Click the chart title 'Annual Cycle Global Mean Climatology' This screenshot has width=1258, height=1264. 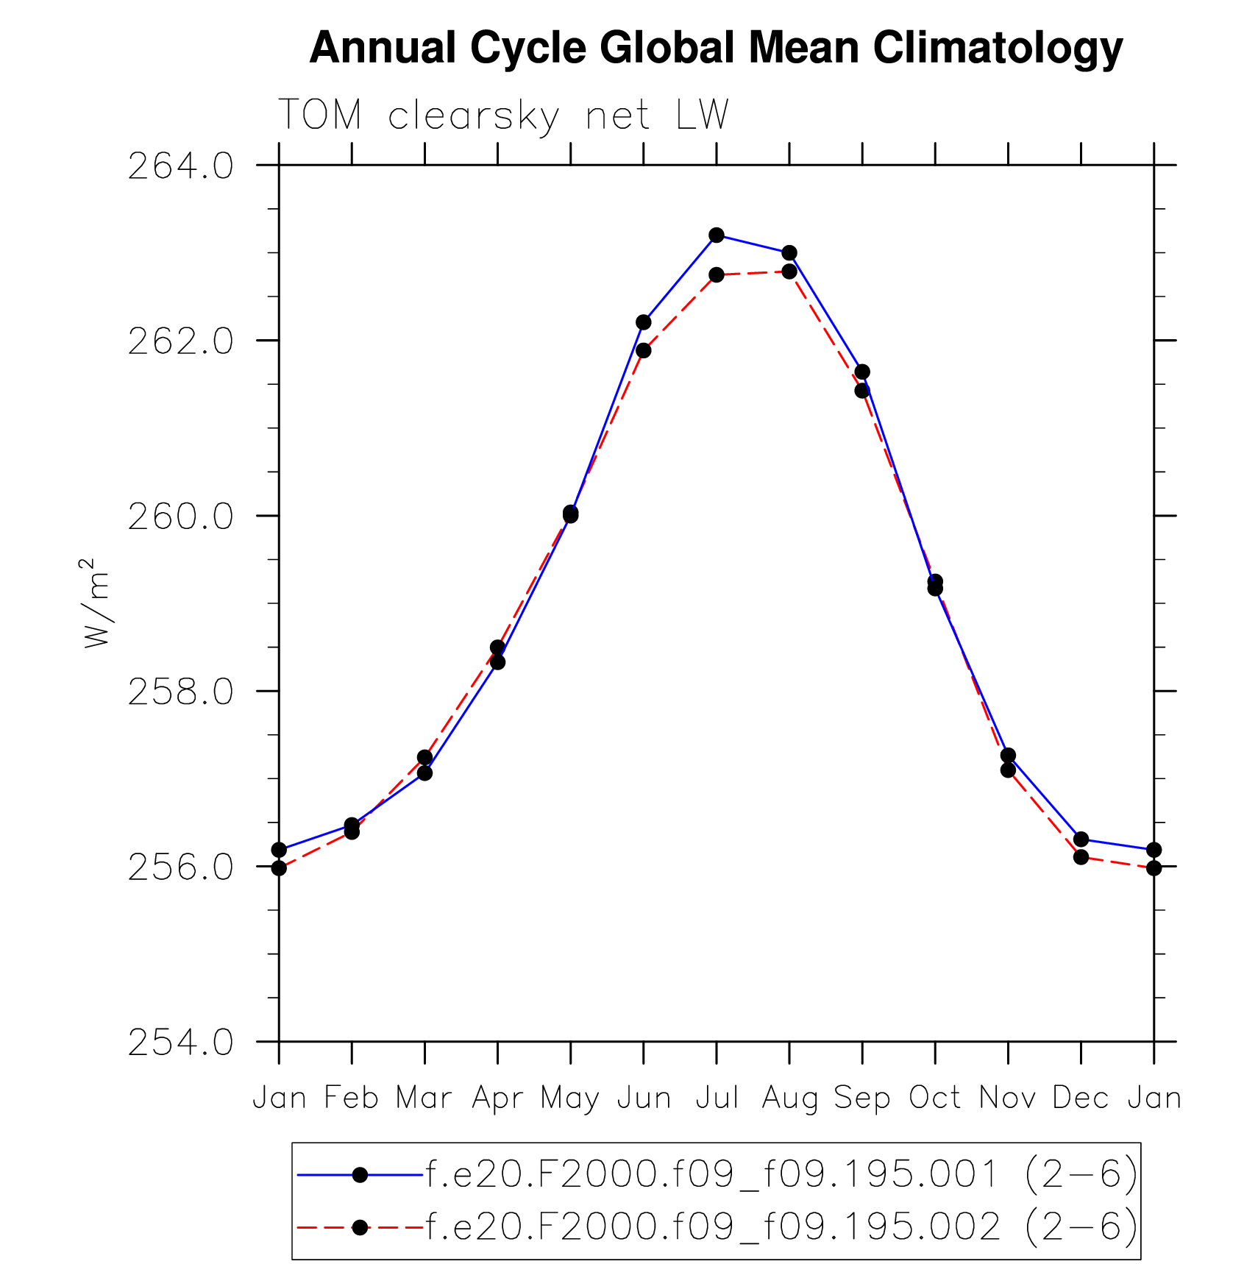[x=716, y=49]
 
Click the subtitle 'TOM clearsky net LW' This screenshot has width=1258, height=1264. [x=503, y=116]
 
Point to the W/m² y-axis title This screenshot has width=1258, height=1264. [x=96, y=603]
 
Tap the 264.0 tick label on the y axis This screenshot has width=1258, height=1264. [x=180, y=166]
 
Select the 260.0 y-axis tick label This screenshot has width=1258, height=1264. [x=180, y=516]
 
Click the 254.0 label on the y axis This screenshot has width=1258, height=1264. [x=180, y=1043]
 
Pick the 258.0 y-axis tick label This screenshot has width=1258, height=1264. [x=180, y=692]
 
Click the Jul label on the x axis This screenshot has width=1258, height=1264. [x=717, y=1098]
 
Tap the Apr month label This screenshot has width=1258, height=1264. [x=497, y=1098]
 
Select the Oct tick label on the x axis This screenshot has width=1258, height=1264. [x=935, y=1098]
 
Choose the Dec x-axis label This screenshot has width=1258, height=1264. [x=1081, y=1098]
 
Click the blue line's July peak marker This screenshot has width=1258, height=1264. [x=717, y=235]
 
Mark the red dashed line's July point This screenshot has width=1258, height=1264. [x=717, y=275]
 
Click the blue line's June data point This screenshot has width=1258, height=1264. [x=644, y=322]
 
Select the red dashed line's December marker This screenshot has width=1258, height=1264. [x=1081, y=857]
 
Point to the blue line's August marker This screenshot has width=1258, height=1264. [x=789, y=253]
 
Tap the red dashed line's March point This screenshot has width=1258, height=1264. [x=424, y=757]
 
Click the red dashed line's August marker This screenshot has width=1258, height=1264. [x=789, y=271]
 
